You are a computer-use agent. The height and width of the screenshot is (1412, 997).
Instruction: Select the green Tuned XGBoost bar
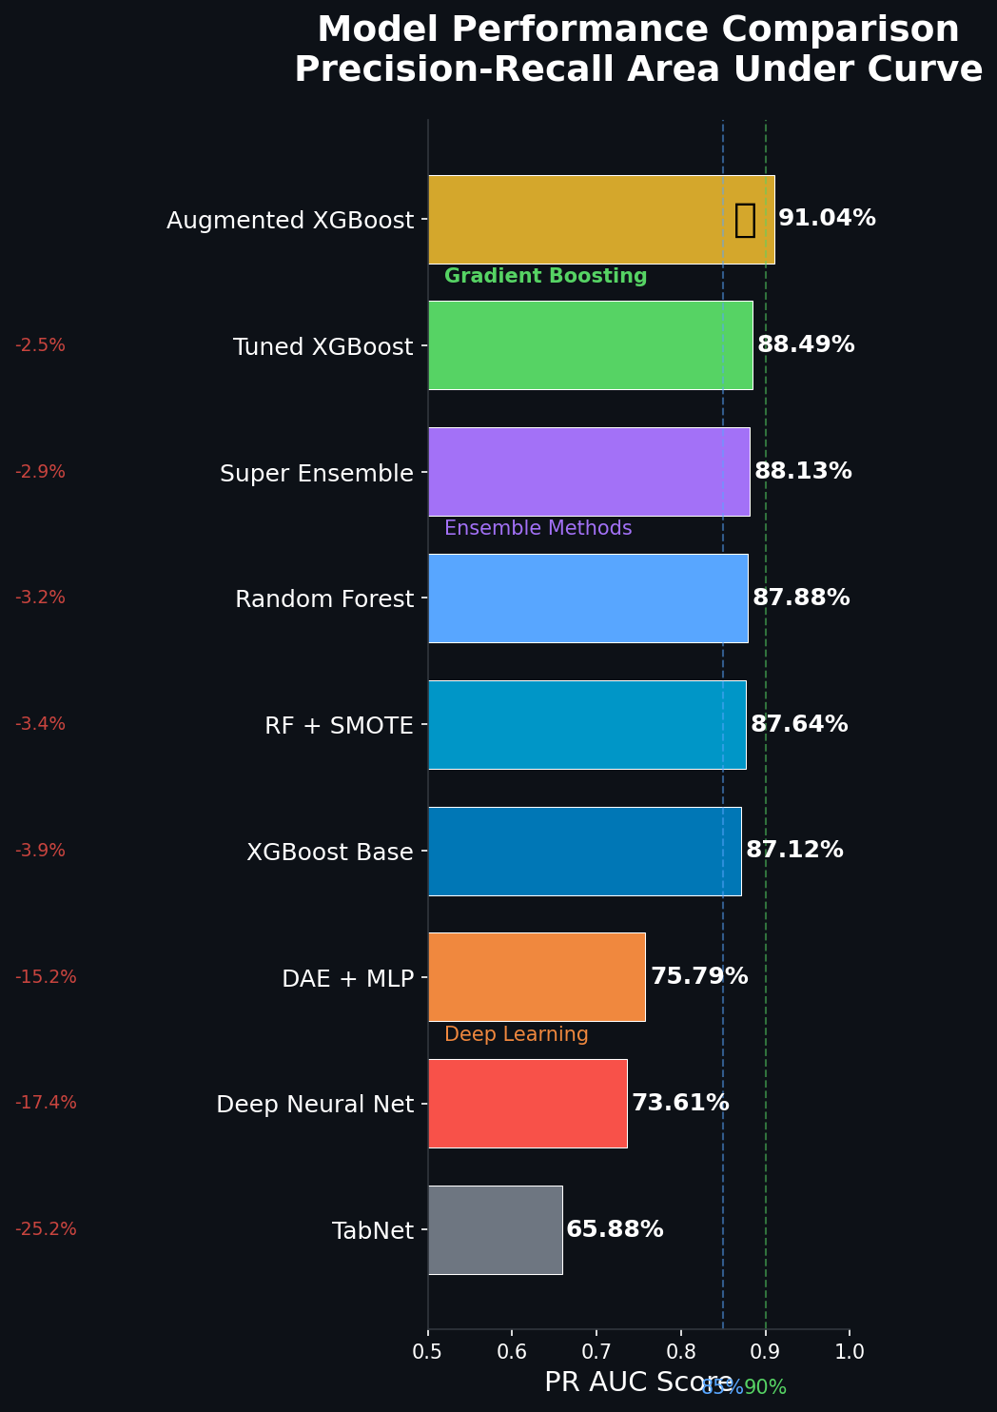coord(590,345)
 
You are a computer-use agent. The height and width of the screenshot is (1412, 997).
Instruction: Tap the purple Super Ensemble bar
coord(589,472)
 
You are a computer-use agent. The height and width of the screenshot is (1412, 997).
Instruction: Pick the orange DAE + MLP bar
coord(537,977)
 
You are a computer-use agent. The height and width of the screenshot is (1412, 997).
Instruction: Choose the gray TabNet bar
coord(495,1229)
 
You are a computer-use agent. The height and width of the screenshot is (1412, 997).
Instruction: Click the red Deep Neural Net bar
coord(527,1104)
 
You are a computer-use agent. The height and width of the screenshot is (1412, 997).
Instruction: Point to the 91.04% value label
coord(827,219)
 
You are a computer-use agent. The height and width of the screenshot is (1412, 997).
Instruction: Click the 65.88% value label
coord(615,1229)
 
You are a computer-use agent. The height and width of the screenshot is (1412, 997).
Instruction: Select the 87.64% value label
coord(799,724)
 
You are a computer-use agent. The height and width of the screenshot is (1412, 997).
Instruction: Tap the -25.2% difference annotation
coord(46,1229)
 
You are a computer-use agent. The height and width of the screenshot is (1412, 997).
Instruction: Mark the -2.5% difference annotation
coord(40,345)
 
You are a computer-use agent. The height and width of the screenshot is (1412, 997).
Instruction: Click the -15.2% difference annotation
coord(46,977)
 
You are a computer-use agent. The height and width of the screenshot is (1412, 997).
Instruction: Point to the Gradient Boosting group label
coord(545,277)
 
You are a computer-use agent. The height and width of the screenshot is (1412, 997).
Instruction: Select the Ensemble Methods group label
coord(538,529)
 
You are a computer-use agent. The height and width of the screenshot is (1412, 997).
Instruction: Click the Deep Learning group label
coord(516,1034)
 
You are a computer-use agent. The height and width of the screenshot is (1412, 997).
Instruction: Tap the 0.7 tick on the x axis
coord(596,1352)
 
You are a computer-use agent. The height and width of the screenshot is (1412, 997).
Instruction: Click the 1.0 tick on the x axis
coord(850,1352)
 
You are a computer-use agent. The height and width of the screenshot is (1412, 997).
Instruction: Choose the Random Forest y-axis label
coord(324,599)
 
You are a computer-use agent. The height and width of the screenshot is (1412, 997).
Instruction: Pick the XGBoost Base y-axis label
coord(329,852)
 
